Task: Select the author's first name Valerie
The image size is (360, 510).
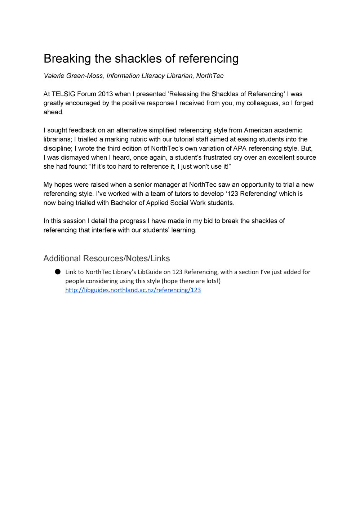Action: pyautogui.click(x=54, y=76)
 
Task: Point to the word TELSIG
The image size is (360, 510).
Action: pyautogui.click(x=63, y=94)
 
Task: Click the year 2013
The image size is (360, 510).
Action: pyautogui.click(x=105, y=94)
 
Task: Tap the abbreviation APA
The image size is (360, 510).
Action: pyautogui.click(x=240, y=148)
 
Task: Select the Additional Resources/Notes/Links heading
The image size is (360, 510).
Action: pyautogui.click(x=107, y=258)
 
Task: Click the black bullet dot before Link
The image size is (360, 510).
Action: pyautogui.click(x=58, y=272)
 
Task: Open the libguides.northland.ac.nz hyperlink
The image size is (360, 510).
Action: pyautogui.click(x=133, y=290)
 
